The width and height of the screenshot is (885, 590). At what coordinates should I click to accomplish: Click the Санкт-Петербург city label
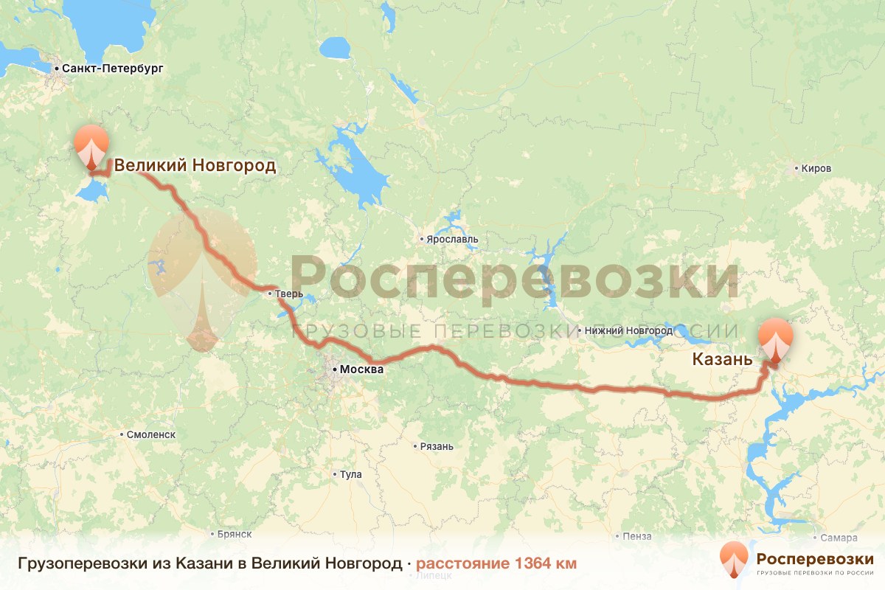[x=112, y=69]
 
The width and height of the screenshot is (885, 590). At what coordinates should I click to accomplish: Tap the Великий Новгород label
[x=195, y=165]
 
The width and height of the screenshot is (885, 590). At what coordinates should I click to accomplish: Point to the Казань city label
[x=722, y=360]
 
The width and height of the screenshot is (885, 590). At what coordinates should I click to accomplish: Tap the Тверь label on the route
[x=289, y=294]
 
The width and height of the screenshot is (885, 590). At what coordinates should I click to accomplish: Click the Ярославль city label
[x=452, y=239]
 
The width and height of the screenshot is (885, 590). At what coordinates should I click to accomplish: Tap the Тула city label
[x=350, y=474]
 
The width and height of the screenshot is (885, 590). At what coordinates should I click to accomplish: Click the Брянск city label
[x=235, y=533]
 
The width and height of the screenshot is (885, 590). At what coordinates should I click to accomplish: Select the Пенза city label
[x=637, y=535]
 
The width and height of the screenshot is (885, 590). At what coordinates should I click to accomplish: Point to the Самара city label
[x=841, y=538]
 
